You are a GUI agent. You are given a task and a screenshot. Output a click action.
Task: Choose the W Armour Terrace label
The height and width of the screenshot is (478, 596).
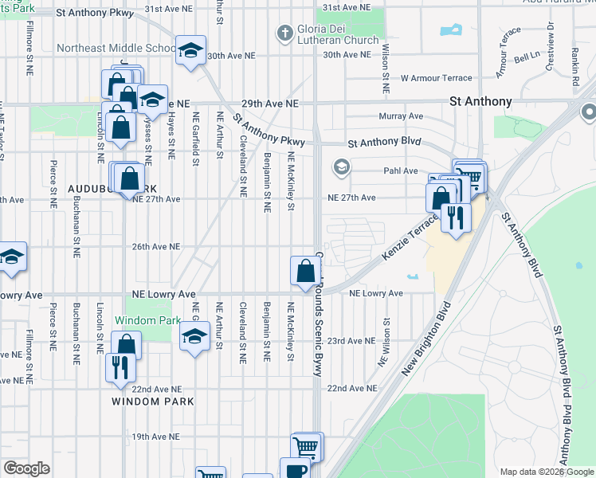click(x=437, y=78)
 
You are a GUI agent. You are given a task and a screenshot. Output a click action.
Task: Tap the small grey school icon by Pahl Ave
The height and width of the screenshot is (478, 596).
click(x=341, y=167)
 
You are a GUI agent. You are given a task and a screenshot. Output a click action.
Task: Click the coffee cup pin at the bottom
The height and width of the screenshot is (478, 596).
click(x=295, y=470)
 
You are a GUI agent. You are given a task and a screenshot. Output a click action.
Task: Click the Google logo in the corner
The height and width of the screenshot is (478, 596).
click(x=26, y=468)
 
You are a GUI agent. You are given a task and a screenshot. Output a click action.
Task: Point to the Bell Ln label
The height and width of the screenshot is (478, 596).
click(x=527, y=58)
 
